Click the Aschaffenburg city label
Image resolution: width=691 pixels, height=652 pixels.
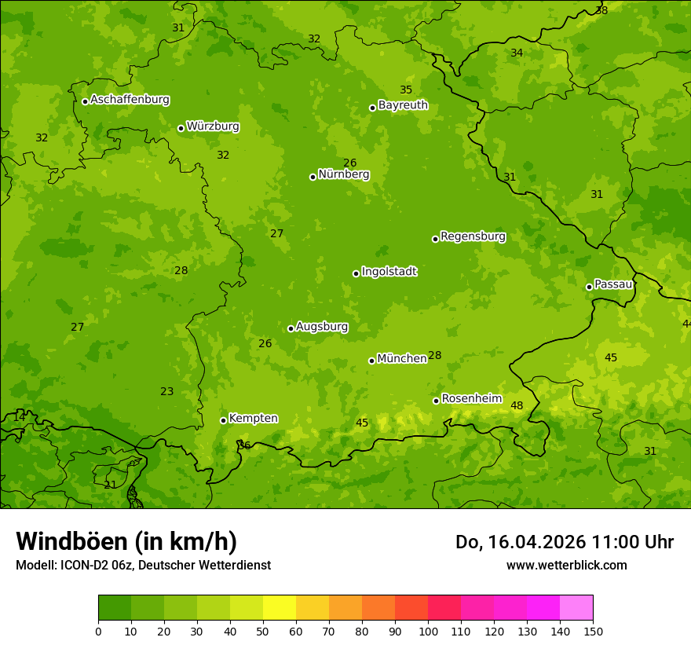tap(130, 100)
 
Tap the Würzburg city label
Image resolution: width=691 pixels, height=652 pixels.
tap(213, 126)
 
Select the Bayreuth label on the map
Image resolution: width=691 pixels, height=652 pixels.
tap(403, 105)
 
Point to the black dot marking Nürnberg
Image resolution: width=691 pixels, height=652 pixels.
tap(313, 177)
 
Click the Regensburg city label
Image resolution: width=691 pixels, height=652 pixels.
tap(473, 236)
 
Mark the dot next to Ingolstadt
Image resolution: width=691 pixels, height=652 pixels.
tap(356, 273)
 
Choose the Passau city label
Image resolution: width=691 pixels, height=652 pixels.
tap(613, 284)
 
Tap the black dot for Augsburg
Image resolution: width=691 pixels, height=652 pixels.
tap(291, 328)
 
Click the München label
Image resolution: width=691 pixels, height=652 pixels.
tap(402, 359)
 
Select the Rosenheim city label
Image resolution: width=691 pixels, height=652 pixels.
tap(471, 399)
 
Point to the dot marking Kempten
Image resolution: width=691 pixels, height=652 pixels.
tap(223, 420)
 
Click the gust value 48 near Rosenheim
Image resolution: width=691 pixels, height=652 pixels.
tap(517, 406)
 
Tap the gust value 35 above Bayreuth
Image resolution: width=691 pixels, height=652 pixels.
tap(406, 90)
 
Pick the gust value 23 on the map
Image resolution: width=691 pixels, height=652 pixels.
tap(167, 392)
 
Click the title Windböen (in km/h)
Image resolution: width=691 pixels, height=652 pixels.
tap(126, 541)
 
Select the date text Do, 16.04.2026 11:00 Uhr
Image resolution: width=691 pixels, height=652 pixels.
tap(564, 542)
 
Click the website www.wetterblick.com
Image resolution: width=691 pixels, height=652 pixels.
tap(566, 566)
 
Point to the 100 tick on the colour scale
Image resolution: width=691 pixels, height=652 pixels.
tap(428, 631)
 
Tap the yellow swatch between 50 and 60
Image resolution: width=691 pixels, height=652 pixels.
tap(280, 608)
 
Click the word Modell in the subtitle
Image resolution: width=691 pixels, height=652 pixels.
tap(35, 566)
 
